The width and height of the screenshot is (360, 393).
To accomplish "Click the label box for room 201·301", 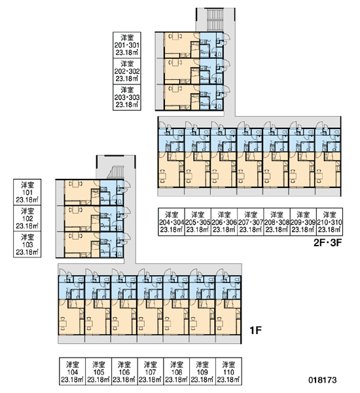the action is click(127, 45).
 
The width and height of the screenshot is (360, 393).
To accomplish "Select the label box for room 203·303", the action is click(127, 97).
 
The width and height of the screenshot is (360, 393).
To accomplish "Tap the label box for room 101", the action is click(27, 192).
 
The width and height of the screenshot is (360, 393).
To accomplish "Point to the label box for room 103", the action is click(27, 244).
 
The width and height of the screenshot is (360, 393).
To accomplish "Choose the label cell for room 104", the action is click(73, 371).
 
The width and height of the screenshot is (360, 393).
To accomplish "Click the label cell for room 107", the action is click(151, 371).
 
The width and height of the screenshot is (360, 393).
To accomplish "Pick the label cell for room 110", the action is click(228, 371).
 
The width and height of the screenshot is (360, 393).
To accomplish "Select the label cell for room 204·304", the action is click(171, 222).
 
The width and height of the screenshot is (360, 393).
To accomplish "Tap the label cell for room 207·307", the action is click(251, 222).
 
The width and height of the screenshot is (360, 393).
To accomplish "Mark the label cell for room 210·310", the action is click(330, 222).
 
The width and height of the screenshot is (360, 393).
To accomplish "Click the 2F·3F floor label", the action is click(328, 242).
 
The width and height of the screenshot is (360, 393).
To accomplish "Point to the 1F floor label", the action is click(255, 331).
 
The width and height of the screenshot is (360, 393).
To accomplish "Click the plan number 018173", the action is click(323, 380).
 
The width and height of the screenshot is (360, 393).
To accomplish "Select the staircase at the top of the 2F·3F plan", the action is click(215, 19).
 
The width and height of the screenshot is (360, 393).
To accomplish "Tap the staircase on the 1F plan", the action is click(116, 172).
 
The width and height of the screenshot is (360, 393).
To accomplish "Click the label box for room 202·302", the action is click(127, 71).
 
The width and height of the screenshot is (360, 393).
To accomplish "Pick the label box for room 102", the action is click(27, 218).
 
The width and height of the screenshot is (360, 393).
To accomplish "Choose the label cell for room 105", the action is click(98, 371).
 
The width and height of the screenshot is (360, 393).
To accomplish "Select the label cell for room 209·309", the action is click(303, 222).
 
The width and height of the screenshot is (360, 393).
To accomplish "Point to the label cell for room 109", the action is click(202, 371).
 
